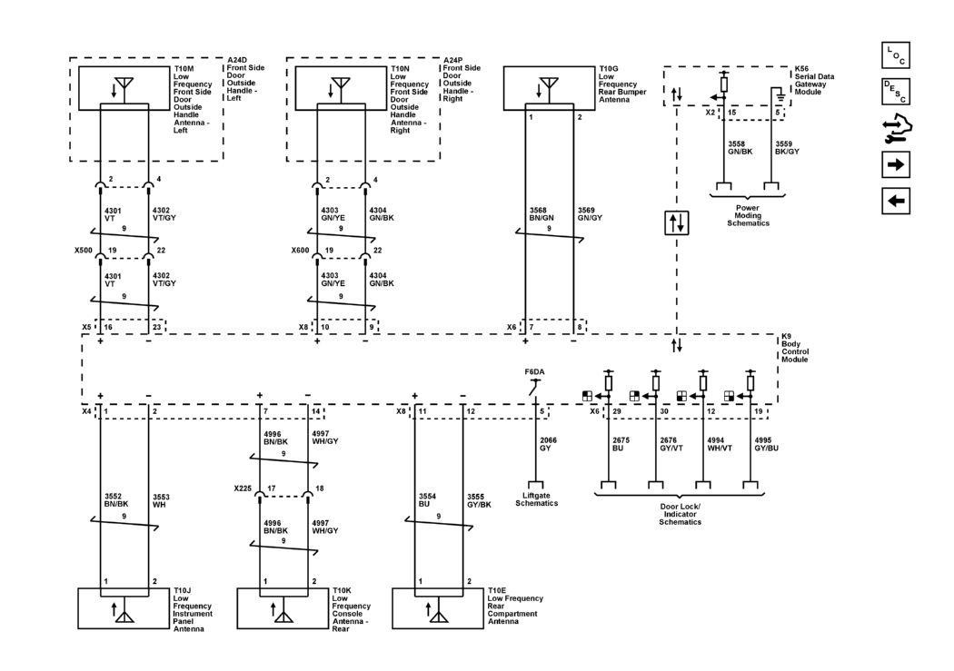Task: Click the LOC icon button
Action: pos(895,55)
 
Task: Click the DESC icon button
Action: pos(895,92)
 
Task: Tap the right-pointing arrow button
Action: pos(895,165)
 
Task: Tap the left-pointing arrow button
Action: pos(895,201)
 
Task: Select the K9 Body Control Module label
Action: pos(795,348)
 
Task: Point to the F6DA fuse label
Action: pos(534,372)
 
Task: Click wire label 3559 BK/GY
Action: pos(787,148)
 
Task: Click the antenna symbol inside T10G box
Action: pos(546,88)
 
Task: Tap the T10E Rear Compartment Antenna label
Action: pos(514,606)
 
